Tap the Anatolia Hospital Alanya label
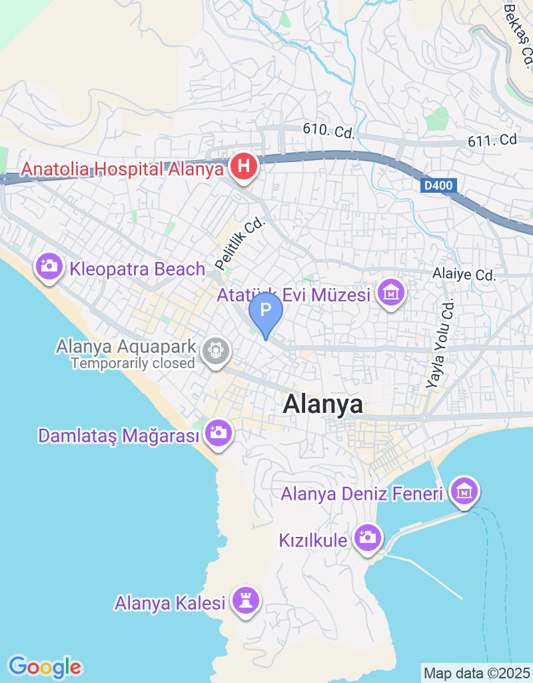tap(122, 169)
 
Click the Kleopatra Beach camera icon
tap(49, 267)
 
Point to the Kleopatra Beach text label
tap(138, 269)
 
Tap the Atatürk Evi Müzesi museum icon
tap(391, 293)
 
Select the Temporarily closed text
tap(133, 364)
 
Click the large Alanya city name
tap(323, 404)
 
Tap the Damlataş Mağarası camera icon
tap(217, 434)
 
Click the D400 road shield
tap(439, 187)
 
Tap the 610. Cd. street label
tap(328, 131)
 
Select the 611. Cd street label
tap(492, 139)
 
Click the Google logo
tap(45, 666)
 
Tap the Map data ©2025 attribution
tap(476, 673)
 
